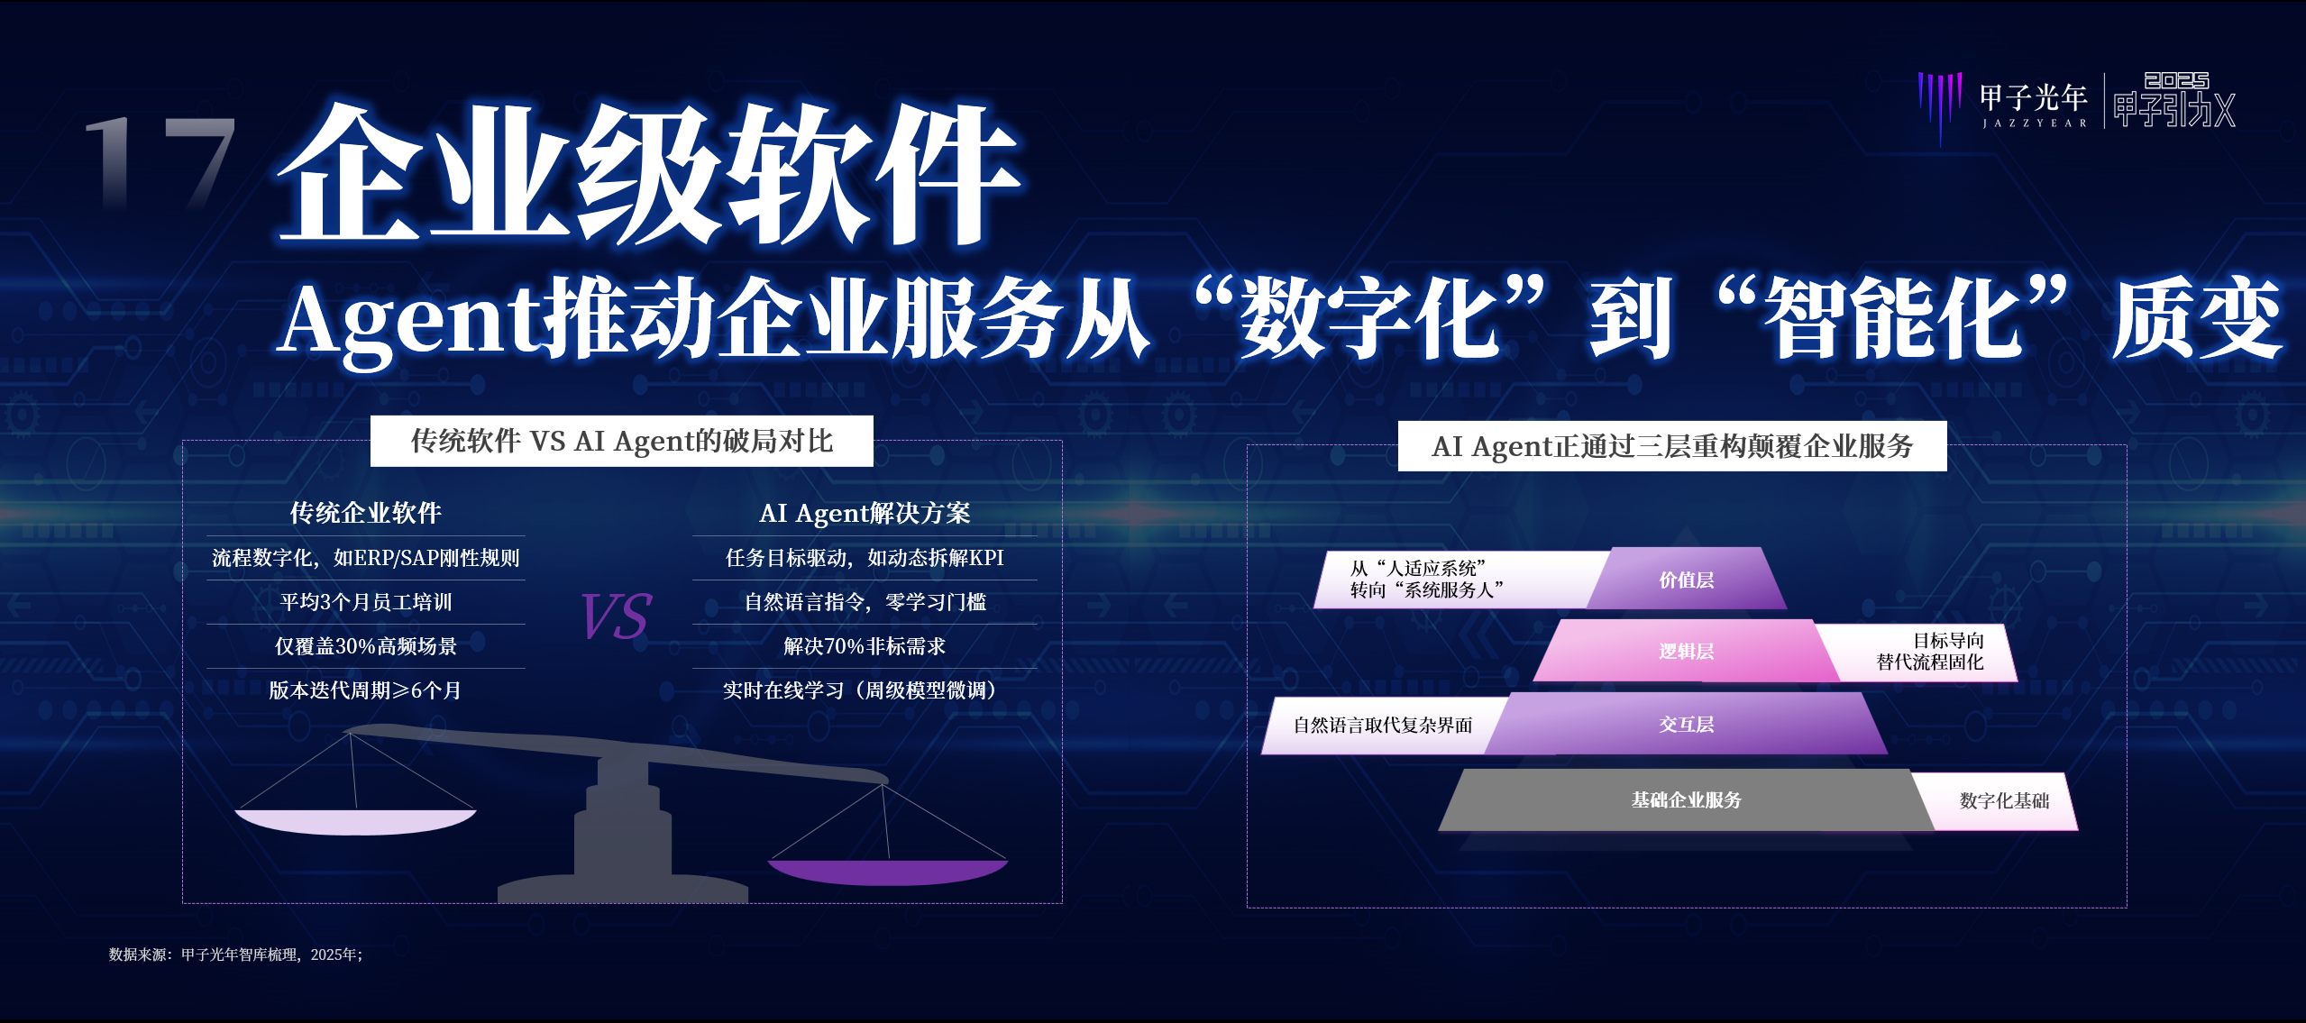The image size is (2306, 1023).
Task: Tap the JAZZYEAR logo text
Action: pyautogui.click(x=2035, y=123)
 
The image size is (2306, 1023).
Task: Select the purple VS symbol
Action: pyautogui.click(x=617, y=617)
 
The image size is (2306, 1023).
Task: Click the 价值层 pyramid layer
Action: pyautogui.click(x=1687, y=579)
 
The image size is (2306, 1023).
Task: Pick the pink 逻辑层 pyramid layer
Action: pyautogui.click(x=1687, y=651)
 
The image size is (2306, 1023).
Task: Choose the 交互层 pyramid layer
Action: pyautogui.click(x=1687, y=724)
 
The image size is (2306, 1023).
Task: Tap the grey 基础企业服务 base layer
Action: pyautogui.click(x=1687, y=799)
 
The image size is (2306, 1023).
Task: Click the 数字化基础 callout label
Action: pyautogui.click(x=2003, y=800)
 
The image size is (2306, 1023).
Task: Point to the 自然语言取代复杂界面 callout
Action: pyautogui.click(x=1383, y=725)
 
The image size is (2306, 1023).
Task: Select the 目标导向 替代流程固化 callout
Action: pyautogui.click(x=1929, y=651)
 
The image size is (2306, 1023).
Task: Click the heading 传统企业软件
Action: pyautogui.click(x=365, y=513)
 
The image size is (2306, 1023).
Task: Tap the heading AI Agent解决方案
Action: pyautogui.click(x=865, y=513)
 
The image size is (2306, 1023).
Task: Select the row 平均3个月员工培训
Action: pyautogui.click(x=366, y=601)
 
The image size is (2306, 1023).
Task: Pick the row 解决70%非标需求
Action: pyautogui.click(x=865, y=645)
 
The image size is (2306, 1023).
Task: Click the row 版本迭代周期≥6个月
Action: pyautogui.click(x=365, y=690)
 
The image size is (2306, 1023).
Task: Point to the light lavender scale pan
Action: pyautogui.click(x=355, y=821)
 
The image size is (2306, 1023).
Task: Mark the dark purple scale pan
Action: pyautogui.click(x=888, y=872)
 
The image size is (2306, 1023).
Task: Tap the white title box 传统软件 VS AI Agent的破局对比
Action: pyautogui.click(x=622, y=441)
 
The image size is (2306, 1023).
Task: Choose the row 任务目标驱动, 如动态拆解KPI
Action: pyautogui.click(x=865, y=557)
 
